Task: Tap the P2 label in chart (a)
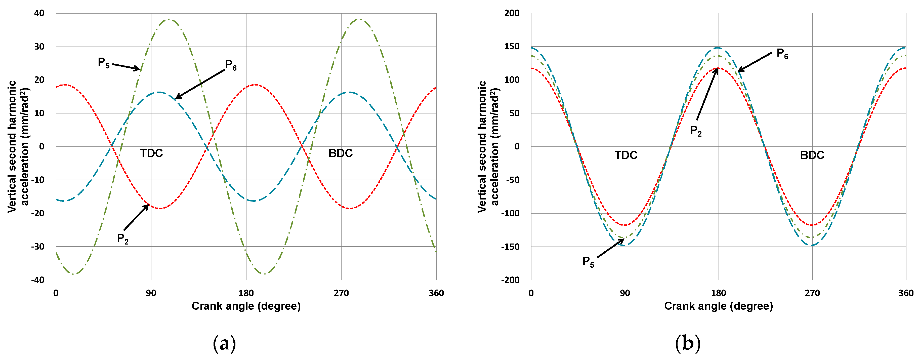point(123,239)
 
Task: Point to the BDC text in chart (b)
point(812,155)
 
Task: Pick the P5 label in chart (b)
point(588,262)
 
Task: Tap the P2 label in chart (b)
point(696,131)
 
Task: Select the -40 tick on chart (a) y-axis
point(38,280)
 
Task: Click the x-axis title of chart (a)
point(246,306)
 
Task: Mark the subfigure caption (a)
point(224,344)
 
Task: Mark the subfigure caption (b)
point(688,344)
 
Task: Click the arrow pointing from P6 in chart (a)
point(200,84)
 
